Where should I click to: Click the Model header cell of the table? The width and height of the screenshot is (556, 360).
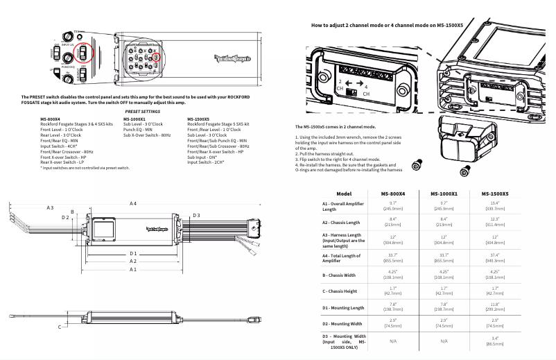click(x=344, y=174)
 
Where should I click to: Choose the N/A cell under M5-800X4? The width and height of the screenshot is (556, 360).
click(x=392, y=341)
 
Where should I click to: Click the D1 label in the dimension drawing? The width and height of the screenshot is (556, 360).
click(x=133, y=254)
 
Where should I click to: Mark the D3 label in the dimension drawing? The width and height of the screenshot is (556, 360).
click(x=197, y=216)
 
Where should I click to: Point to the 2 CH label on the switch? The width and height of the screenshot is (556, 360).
click(x=340, y=86)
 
